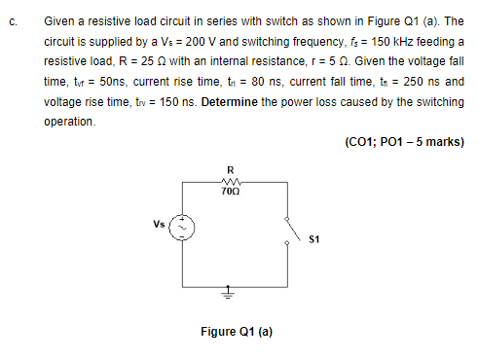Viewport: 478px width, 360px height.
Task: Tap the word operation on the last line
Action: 69,122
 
